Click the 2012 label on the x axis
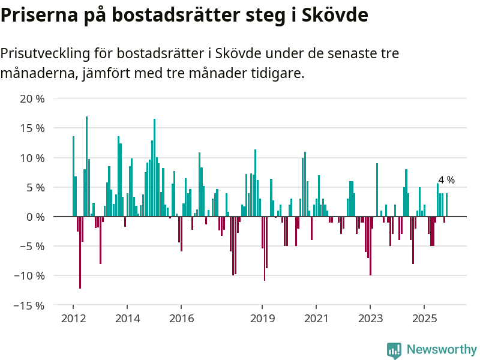(73, 319)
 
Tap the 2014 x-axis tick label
(127, 319)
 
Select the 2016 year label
(181, 319)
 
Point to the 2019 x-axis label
(262, 319)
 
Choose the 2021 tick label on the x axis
(316, 319)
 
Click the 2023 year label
(370, 319)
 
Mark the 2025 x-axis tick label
(424, 319)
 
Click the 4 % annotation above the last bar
(446, 180)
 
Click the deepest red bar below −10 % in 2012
(80, 252)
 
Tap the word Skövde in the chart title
(334, 15)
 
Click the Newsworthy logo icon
(394, 350)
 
